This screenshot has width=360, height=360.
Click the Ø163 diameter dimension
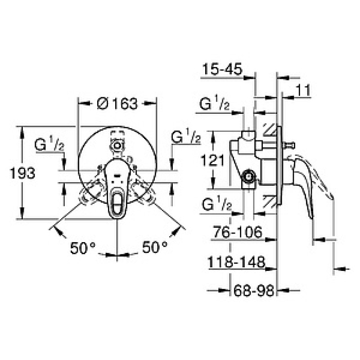pyautogui.click(x=117, y=104)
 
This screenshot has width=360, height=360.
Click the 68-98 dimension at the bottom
pyautogui.click(x=253, y=292)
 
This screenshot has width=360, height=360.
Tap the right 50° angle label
pyautogui.click(x=155, y=247)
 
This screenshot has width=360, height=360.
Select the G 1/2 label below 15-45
pyautogui.click(x=215, y=104)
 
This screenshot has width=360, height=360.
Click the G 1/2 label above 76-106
pyautogui.click(x=215, y=206)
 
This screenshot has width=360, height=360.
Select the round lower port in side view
pyautogui.click(x=247, y=177)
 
